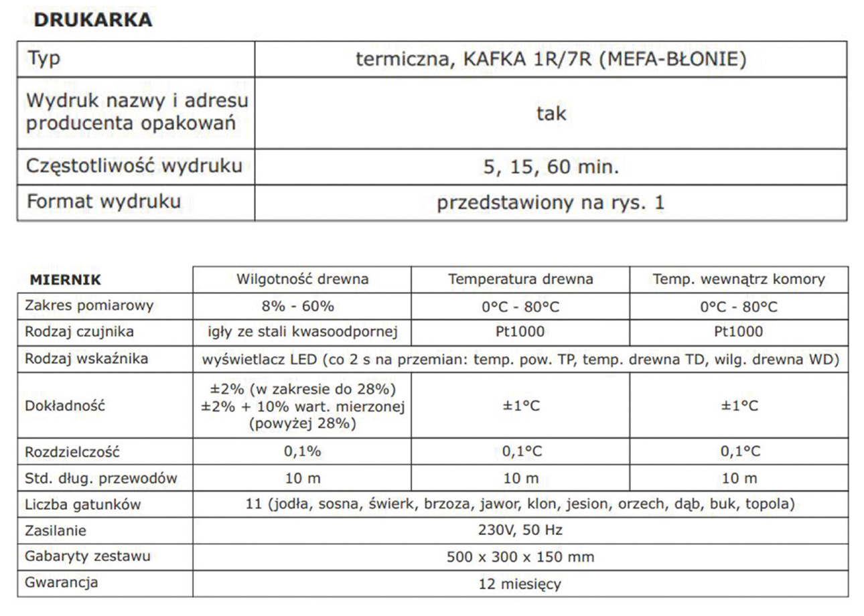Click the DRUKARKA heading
92,20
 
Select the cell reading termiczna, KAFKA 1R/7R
551,60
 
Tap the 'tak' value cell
551,113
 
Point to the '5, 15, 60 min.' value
551,167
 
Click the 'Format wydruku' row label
103,202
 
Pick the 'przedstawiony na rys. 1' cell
551,203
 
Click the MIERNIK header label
65,280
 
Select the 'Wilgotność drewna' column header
302,279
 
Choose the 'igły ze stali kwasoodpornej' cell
302,331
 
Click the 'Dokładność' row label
65,406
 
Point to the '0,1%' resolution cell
302,451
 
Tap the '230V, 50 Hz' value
520,530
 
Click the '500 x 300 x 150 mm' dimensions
520,557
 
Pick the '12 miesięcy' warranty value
520,584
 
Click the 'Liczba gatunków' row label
82,504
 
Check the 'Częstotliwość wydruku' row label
134,165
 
